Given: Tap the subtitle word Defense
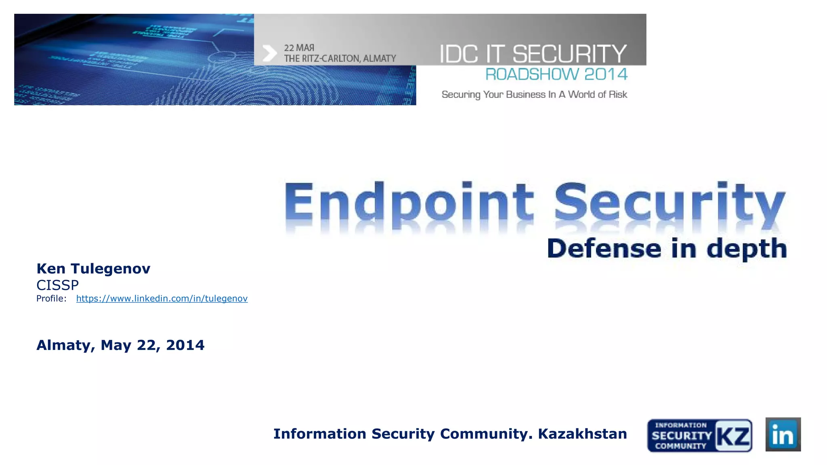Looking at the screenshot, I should [x=604, y=248].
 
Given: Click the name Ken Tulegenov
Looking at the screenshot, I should [x=93, y=269].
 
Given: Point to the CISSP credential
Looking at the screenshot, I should [x=57, y=285].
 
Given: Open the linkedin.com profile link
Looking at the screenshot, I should [x=162, y=299].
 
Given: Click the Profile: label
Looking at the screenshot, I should [x=51, y=299].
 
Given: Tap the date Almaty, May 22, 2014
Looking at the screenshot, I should [x=120, y=345].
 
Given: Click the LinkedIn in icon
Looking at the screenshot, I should [x=783, y=435].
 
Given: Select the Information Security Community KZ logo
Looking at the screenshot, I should [x=699, y=436].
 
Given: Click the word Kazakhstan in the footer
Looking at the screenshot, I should [x=582, y=434].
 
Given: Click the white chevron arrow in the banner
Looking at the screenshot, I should [x=269, y=53].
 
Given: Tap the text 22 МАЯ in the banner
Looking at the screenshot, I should [x=299, y=48].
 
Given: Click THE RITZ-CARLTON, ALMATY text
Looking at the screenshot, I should [x=340, y=59].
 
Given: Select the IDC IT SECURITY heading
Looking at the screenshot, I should [x=533, y=54].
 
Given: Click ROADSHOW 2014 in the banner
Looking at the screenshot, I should [x=556, y=74].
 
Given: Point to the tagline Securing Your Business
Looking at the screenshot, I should [x=534, y=94].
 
